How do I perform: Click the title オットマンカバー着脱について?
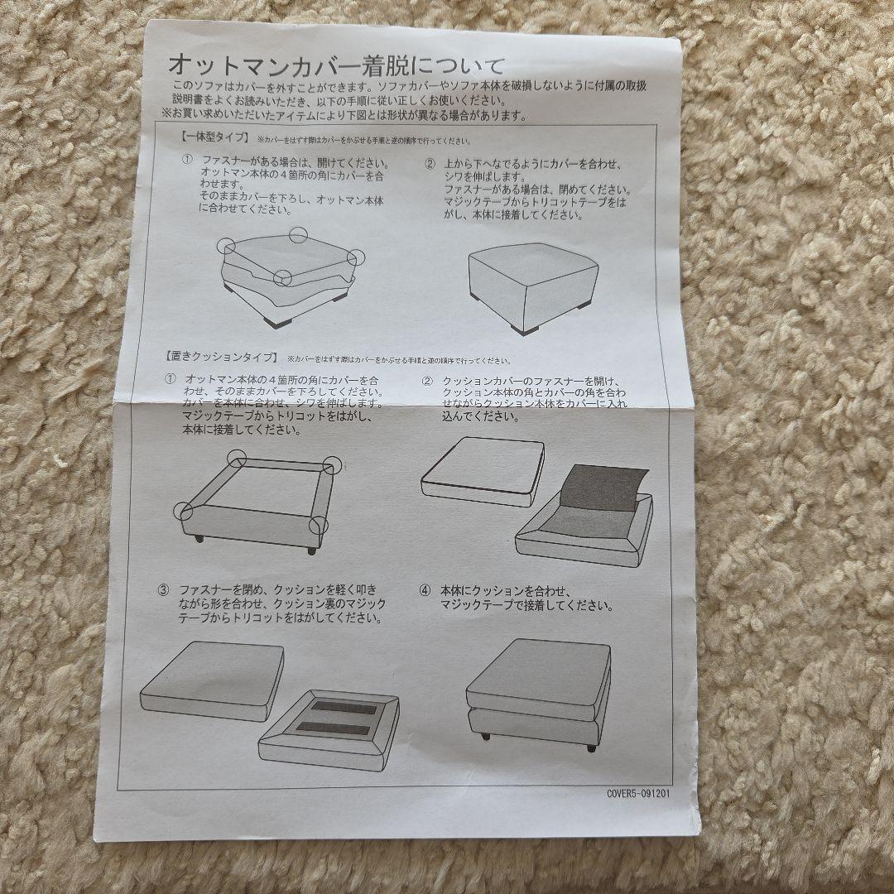pos(335,65)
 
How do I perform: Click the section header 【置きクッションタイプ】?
pos(222,358)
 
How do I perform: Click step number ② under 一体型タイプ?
pos(430,163)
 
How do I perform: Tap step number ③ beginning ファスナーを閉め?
pos(163,590)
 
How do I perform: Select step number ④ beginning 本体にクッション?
pos(425,590)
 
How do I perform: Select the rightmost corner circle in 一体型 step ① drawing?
pos(356,257)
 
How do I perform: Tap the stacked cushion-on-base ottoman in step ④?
pos(538,691)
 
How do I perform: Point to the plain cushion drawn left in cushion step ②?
pos(483,469)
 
